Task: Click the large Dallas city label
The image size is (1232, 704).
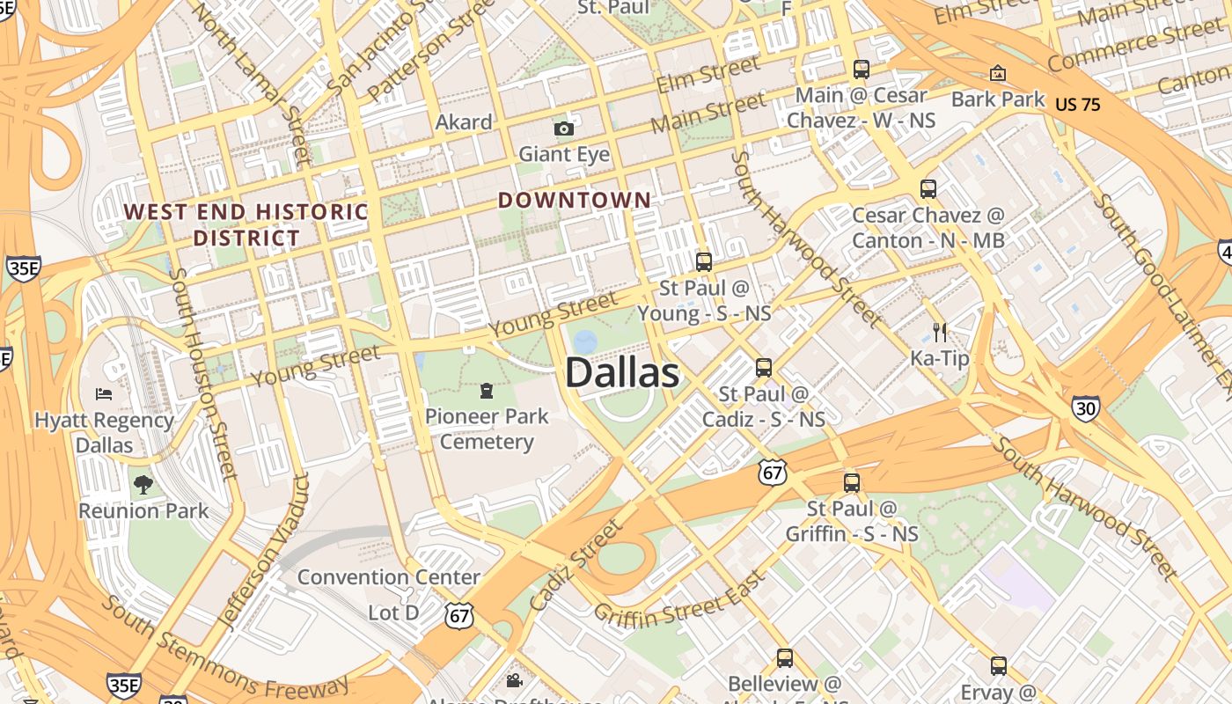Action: (621, 372)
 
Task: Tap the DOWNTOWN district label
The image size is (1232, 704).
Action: (574, 200)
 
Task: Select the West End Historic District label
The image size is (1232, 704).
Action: (246, 224)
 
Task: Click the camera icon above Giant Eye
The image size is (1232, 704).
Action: (564, 129)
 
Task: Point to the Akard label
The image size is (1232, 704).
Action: (464, 122)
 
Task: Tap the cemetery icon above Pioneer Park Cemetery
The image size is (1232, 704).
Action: (487, 390)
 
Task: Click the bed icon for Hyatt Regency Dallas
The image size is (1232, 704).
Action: (104, 393)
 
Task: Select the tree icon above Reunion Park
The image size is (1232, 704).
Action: (143, 484)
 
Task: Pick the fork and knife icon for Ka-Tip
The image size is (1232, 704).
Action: (940, 332)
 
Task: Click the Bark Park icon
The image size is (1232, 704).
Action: (997, 73)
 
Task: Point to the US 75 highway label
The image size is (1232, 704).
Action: (1077, 104)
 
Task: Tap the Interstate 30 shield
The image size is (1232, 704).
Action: (1085, 407)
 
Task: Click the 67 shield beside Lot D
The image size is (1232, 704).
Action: (459, 615)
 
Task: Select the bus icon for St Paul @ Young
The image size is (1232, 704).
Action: (703, 261)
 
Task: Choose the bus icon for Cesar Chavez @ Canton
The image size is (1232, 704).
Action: (928, 188)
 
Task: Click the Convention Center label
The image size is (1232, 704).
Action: (388, 577)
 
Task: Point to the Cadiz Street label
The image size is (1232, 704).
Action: (576, 564)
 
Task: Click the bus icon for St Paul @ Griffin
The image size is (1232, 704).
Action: (851, 482)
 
